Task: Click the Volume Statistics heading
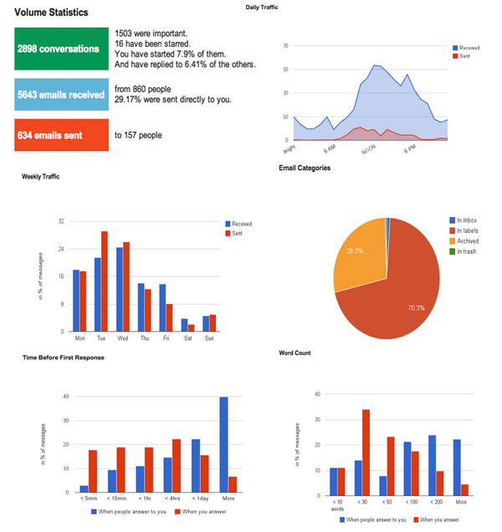point(52,13)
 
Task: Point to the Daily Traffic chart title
point(262,7)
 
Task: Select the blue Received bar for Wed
point(120,288)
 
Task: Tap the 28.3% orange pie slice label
point(355,250)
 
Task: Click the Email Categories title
point(305,168)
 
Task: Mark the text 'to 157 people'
point(138,135)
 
